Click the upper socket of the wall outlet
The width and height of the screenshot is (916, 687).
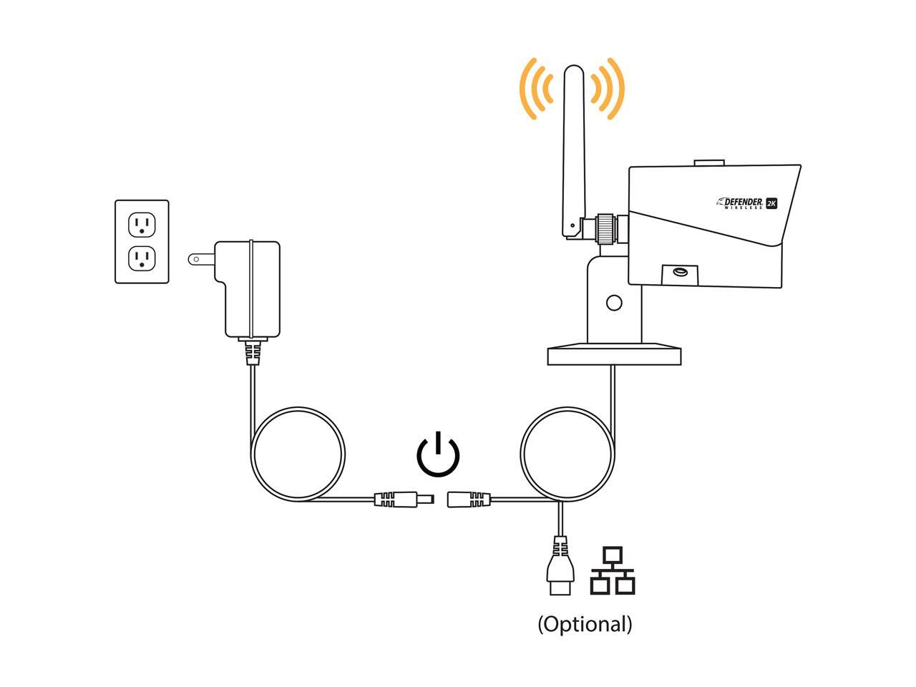click(x=142, y=225)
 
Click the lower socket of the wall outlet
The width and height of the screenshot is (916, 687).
click(x=142, y=258)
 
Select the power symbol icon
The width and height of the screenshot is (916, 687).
click(x=438, y=455)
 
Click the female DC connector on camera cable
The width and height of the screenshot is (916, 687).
click(x=469, y=500)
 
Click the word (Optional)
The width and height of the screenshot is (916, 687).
click(x=585, y=624)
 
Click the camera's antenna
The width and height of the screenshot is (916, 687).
click(x=572, y=143)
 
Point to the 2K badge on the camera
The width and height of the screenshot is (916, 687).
click(x=771, y=203)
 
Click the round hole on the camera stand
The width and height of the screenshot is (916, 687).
click(x=613, y=303)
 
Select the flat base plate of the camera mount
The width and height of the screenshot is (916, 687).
click(x=614, y=356)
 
